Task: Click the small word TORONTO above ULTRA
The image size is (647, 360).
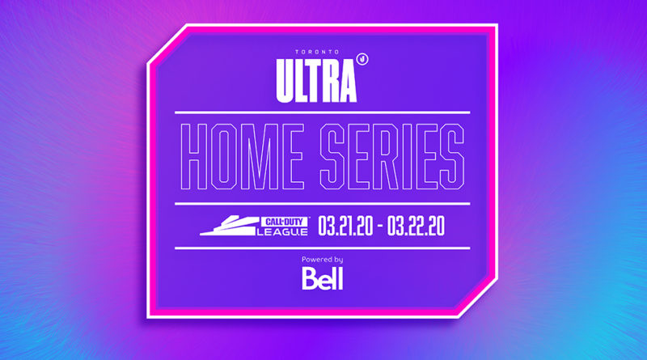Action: tap(317, 52)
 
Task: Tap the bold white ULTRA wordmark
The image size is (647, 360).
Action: tap(316, 81)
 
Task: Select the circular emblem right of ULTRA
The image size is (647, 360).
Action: tap(362, 59)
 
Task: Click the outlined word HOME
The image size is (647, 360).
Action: tap(242, 157)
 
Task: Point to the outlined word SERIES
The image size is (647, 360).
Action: tap(392, 157)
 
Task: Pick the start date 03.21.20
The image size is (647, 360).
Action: tap(345, 227)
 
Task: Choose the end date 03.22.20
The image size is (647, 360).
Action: tap(416, 227)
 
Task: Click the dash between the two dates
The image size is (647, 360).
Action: tap(380, 227)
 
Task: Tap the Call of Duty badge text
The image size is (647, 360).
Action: tap(284, 222)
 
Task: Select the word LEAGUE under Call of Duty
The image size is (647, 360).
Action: tap(282, 232)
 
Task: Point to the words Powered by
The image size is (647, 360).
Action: tap(322, 260)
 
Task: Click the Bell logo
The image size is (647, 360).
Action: tap(322, 278)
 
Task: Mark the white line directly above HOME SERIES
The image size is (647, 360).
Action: tap(322, 112)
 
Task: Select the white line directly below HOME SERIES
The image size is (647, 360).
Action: tap(322, 204)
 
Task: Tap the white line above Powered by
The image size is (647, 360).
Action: tap(322, 248)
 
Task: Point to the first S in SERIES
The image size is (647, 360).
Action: tap(333, 157)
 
